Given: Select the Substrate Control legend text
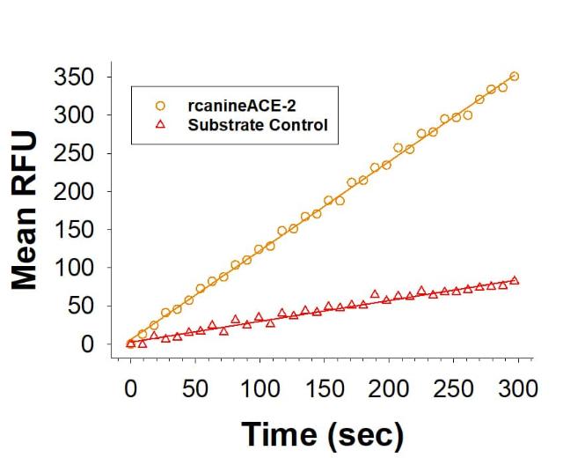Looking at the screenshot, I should (x=257, y=125).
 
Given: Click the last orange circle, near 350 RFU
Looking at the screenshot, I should (x=515, y=77).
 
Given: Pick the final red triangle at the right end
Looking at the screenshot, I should (x=515, y=280).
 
